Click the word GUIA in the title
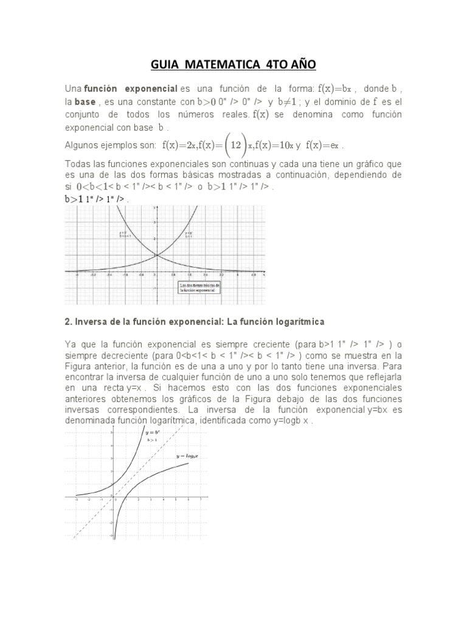(165, 64)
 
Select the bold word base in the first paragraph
(85, 101)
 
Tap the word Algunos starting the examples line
(81, 146)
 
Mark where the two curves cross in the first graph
(156, 255)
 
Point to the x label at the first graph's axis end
(263, 275)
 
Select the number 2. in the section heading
(68, 320)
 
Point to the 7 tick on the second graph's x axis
(201, 500)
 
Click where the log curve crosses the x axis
(125, 496)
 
